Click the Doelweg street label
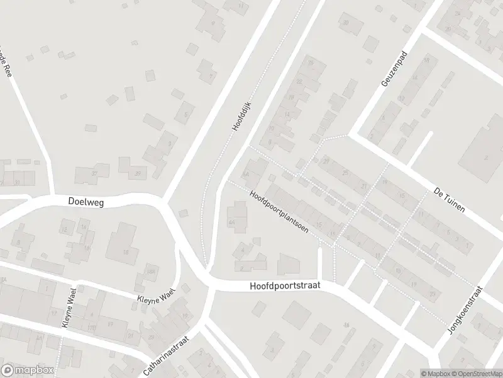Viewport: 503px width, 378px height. pyautogui.click(x=86, y=202)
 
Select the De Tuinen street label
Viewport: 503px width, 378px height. pyautogui.click(x=449, y=200)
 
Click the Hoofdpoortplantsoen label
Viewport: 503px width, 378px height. pyautogui.click(x=278, y=212)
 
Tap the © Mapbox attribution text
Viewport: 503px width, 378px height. pyautogui.click(x=436, y=374)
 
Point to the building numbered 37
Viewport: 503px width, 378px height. pyautogui.click(x=96, y=173)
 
